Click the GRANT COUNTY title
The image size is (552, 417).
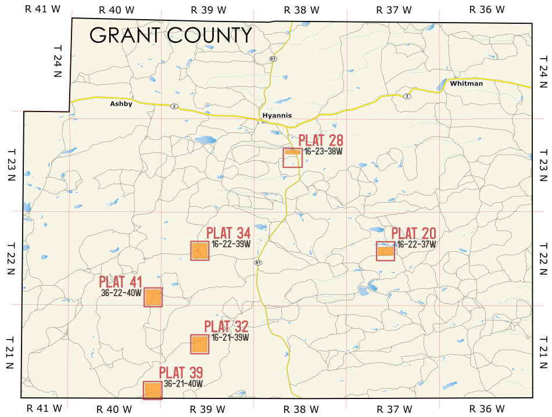(171, 35)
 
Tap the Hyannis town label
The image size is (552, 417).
(277, 116)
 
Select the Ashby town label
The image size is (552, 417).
(121, 104)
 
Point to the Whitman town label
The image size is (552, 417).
(466, 84)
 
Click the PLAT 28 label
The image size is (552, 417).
(321, 141)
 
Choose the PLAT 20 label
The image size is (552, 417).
(413, 233)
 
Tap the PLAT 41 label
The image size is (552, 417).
(120, 282)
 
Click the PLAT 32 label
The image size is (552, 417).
(226, 326)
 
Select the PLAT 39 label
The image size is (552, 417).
(181, 372)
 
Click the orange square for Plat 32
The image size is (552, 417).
(199, 344)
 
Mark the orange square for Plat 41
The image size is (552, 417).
(153, 297)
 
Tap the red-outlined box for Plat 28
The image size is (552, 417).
(292, 158)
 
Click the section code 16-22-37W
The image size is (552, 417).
(417, 245)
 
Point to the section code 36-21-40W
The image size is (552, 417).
(183, 383)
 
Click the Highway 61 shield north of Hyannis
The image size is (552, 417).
(272, 59)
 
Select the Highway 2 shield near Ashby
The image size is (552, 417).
(173, 106)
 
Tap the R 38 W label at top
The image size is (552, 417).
(302, 9)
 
